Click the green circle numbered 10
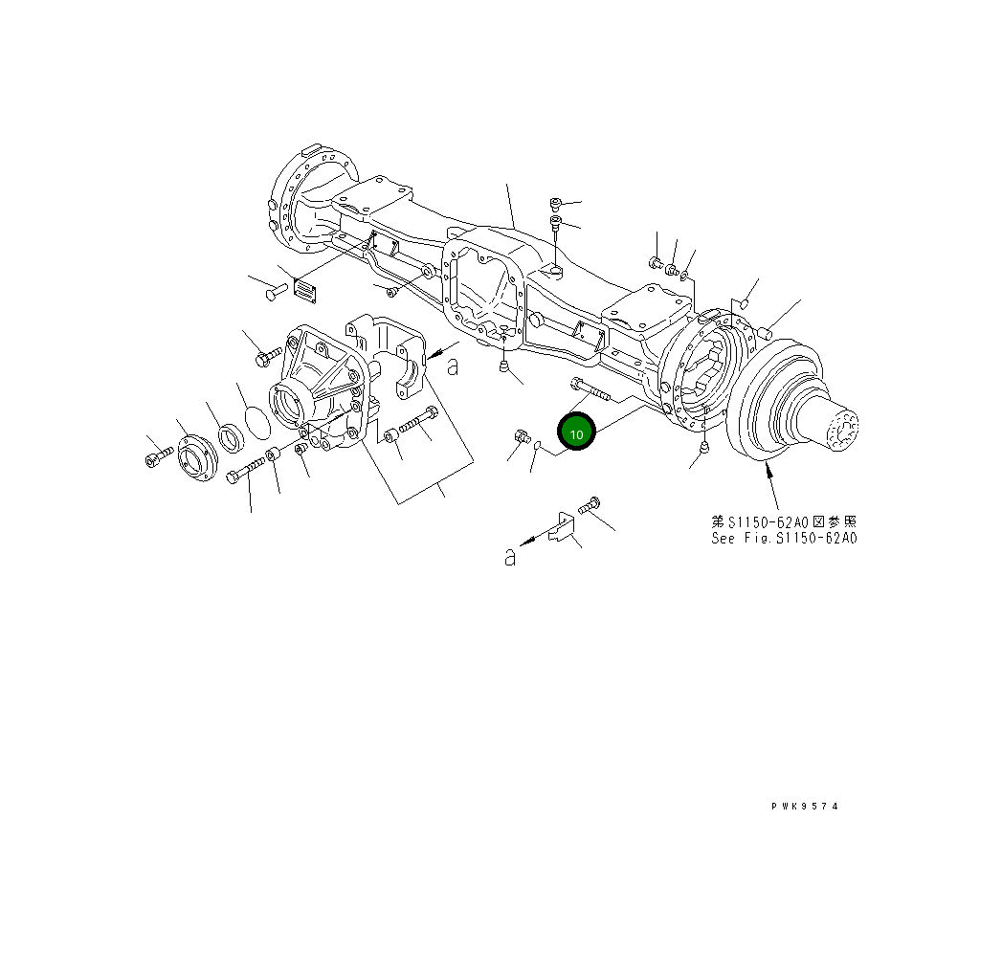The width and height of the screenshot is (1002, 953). [576, 433]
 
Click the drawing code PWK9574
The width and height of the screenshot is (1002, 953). [804, 807]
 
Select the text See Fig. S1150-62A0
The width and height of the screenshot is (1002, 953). [784, 539]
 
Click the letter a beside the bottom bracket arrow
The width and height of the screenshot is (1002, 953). [510, 556]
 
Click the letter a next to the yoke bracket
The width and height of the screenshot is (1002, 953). [453, 366]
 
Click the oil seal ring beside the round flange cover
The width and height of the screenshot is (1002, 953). [230, 437]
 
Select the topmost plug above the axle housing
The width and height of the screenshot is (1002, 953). [556, 203]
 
